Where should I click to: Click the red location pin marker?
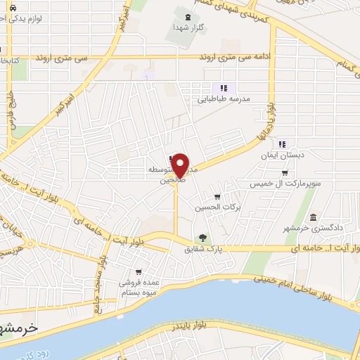click(x=180, y=165)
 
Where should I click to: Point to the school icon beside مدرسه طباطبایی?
click(x=223, y=88)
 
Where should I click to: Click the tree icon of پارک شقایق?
click(x=203, y=238)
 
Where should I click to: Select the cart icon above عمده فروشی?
click(x=139, y=271)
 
